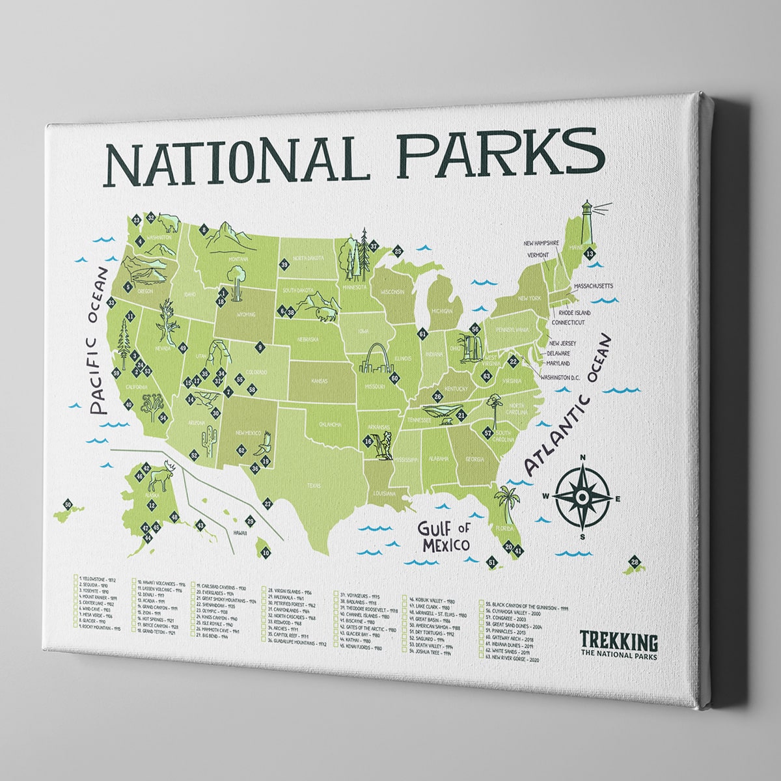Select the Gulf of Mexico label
[444, 535]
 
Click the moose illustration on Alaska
[159, 478]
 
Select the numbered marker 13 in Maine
[590, 253]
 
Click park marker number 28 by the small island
[635, 562]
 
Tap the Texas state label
[314, 485]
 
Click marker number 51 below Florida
[491, 561]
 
